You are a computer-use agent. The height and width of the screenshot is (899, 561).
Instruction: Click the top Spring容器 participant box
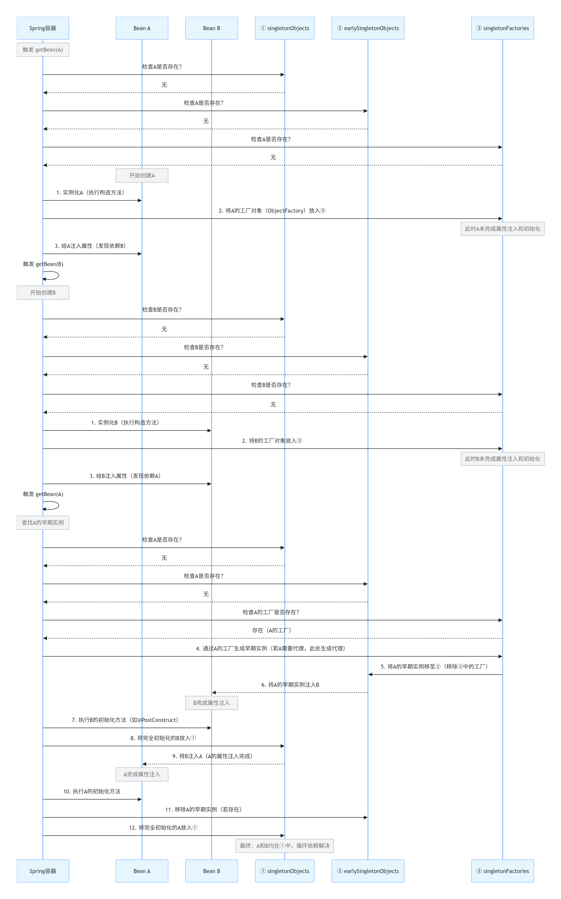(x=43, y=28)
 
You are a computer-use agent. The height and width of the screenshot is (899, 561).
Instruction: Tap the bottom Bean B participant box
(x=211, y=871)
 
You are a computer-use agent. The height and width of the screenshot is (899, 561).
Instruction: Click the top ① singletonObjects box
(x=285, y=28)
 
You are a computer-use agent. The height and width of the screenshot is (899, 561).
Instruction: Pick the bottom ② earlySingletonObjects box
(x=368, y=871)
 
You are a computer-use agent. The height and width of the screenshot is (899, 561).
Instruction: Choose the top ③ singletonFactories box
(x=502, y=28)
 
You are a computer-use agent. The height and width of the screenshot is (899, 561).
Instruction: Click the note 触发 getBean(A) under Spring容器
(x=43, y=50)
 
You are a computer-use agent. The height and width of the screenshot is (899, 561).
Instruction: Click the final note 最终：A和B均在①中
(x=285, y=845)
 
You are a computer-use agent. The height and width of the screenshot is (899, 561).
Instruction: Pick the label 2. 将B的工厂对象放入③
(x=272, y=441)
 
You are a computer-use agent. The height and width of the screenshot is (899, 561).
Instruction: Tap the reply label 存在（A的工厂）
(x=272, y=630)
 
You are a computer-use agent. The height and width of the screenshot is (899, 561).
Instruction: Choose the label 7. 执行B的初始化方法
(x=125, y=720)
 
